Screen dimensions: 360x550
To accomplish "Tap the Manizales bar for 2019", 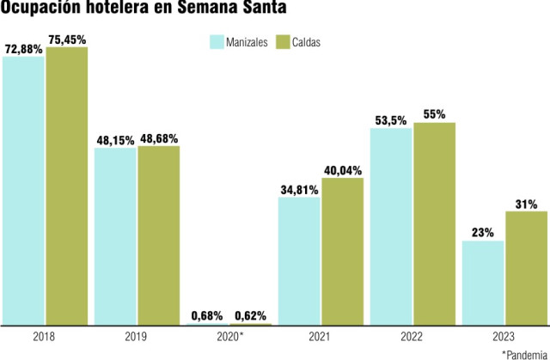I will [114, 236].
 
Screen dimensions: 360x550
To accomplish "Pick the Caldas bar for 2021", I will [342, 251].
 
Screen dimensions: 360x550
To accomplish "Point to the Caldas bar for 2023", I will [526, 268].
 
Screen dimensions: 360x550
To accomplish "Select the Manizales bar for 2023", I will [482, 283].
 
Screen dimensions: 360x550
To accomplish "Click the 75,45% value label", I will [67, 38].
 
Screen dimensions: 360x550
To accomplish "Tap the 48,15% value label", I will [115, 139].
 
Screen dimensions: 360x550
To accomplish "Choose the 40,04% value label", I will [342, 168].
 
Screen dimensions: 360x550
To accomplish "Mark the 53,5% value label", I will [391, 119].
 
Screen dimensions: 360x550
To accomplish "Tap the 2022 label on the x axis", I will [412, 337].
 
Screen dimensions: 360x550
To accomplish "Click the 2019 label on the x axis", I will [137, 337].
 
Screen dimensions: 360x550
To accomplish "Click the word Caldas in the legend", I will [305, 42].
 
